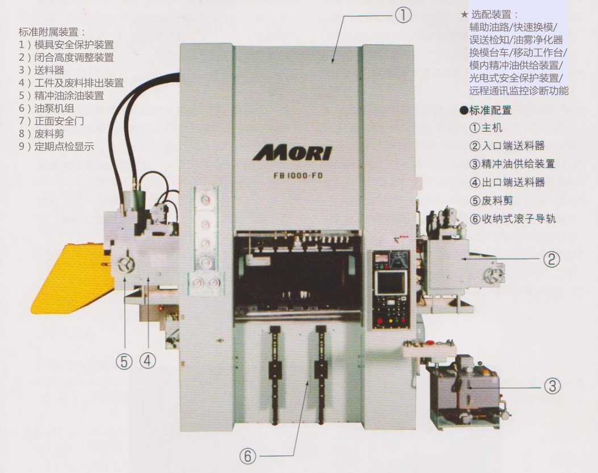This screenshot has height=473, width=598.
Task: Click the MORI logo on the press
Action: point(292,153)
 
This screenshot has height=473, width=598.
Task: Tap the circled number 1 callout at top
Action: point(403,16)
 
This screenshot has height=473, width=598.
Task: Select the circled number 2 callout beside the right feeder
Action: point(551,259)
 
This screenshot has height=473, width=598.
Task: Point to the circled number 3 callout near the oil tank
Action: point(552,386)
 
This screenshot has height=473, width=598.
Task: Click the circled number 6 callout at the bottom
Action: point(248,455)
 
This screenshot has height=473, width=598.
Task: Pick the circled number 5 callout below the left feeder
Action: point(124,361)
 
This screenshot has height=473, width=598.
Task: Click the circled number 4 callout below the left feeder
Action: point(148,360)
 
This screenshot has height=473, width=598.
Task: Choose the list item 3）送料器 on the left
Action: point(41,70)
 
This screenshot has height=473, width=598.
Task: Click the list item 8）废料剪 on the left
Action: point(41,134)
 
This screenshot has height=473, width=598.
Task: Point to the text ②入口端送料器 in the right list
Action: point(507,146)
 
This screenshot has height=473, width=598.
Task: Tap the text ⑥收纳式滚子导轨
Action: point(513,218)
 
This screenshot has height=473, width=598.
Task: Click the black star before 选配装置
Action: point(464,15)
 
